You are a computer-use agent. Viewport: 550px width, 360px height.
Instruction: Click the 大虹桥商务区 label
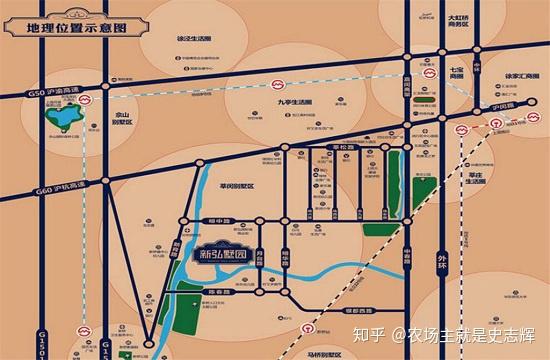click(x=459, y=23)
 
